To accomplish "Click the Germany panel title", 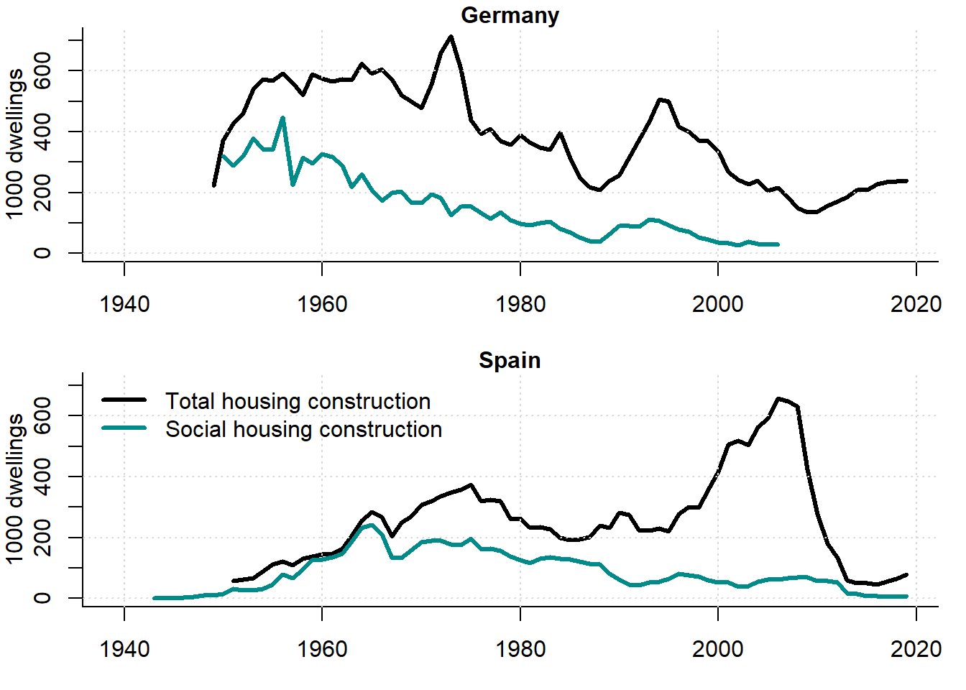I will pyautogui.click(x=510, y=15).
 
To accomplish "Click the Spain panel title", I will pyautogui.click(x=510, y=360).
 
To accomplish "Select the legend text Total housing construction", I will pyautogui.click(x=298, y=401).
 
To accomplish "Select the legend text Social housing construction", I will pyautogui.click(x=303, y=429).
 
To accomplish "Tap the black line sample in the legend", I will pyautogui.click(x=124, y=400).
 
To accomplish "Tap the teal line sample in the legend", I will pyautogui.click(x=124, y=428).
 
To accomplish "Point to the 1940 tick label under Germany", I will pyautogui.click(x=124, y=304).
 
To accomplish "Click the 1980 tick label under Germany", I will pyautogui.click(x=520, y=304).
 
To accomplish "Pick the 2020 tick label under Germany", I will pyautogui.click(x=916, y=304).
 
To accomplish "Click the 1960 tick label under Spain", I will pyautogui.click(x=322, y=649).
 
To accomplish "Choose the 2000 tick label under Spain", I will pyautogui.click(x=717, y=649).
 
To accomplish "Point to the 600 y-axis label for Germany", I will pyautogui.click(x=42, y=70).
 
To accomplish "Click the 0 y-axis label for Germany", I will pyautogui.click(x=42, y=253).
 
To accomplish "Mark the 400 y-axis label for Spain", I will pyautogui.click(x=42, y=477).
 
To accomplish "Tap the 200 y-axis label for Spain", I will pyautogui.click(x=42, y=538).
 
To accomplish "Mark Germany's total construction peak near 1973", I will pyautogui.click(x=451, y=37).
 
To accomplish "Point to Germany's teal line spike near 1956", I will pyautogui.click(x=282, y=118).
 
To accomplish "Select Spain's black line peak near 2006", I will pyautogui.click(x=778, y=398).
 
